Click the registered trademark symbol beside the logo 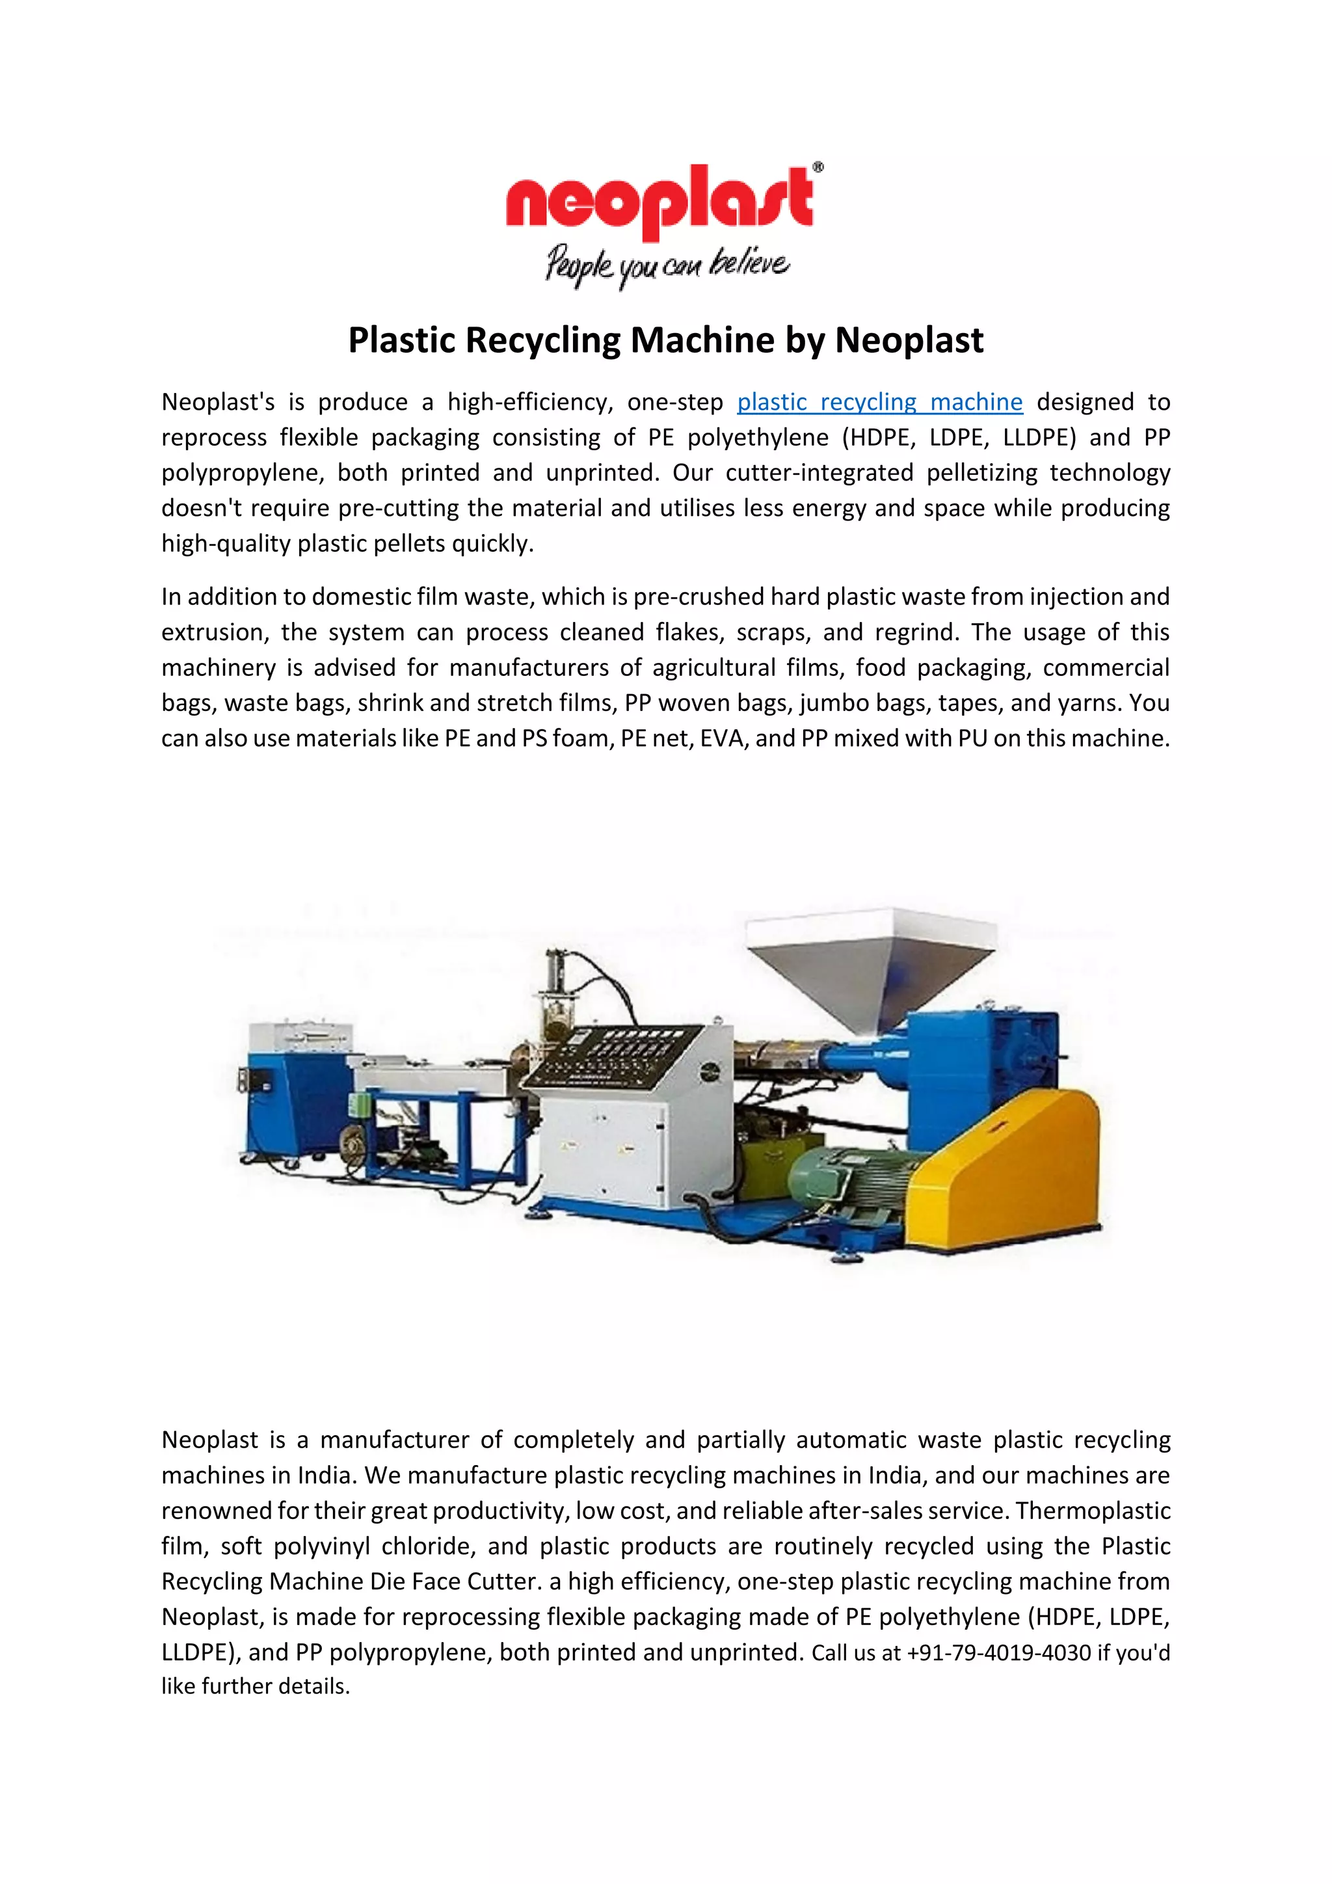point(817,168)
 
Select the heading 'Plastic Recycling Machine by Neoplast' point(665,340)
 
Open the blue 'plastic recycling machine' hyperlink point(879,402)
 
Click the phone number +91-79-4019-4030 point(998,1652)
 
